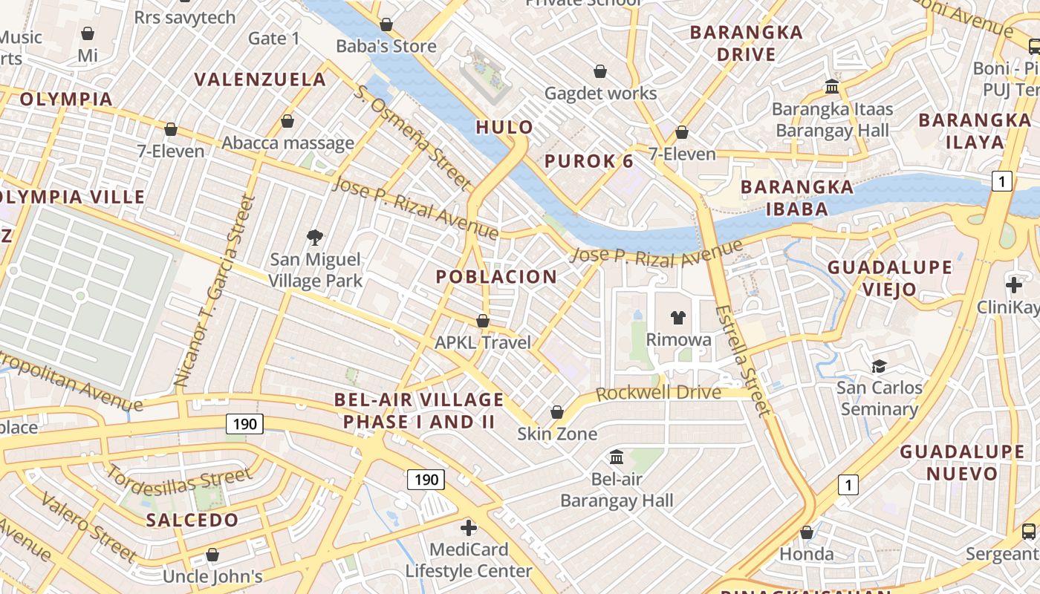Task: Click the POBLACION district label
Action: (x=496, y=277)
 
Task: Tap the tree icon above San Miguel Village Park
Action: (x=315, y=238)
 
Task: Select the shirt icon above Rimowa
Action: (x=677, y=318)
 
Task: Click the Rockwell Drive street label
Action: (x=658, y=393)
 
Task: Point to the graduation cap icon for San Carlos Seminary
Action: (x=880, y=366)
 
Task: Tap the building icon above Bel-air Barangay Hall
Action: (x=617, y=457)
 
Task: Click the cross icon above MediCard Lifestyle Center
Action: (x=468, y=528)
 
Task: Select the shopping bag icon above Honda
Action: (x=806, y=532)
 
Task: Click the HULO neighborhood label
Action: (x=504, y=127)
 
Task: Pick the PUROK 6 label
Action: (x=589, y=161)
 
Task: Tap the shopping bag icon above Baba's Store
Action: (x=386, y=25)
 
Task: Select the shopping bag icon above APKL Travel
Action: (x=483, y=321)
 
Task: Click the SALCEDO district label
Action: (x=192, y=520)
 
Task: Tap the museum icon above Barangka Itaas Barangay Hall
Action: (x=832, y=87)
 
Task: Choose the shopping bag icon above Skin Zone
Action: (x=557, y=412)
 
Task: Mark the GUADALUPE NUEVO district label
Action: (x=962, y=462)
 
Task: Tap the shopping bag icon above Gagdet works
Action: (x=600, y=71)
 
